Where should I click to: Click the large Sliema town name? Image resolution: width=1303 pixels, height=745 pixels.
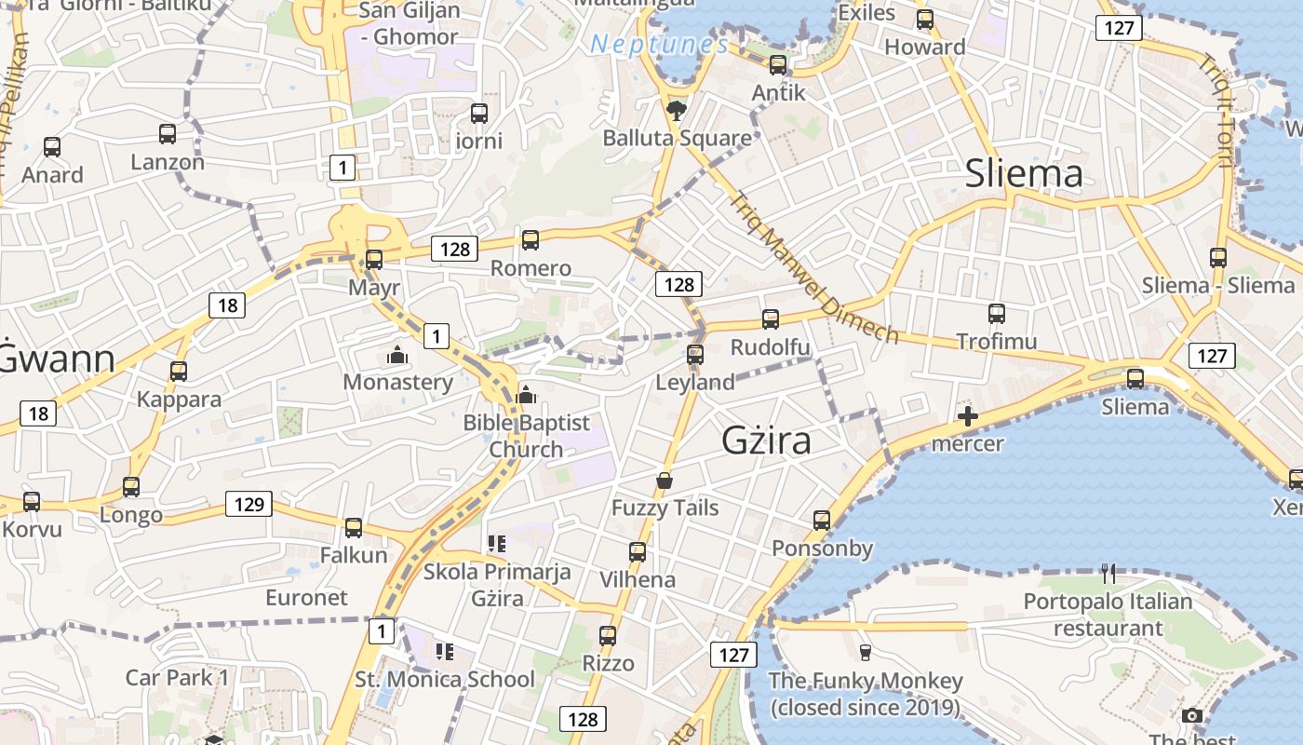coord(1024,174)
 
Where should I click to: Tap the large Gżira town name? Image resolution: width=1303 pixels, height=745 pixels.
coord(766,440)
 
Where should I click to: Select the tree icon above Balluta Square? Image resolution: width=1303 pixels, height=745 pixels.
coord(677,111)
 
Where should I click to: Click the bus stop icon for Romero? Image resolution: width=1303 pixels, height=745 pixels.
coord(531,240)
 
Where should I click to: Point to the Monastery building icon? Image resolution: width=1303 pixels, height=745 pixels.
coord(397,356)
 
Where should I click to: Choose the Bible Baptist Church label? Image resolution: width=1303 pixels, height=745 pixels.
coord(526,436)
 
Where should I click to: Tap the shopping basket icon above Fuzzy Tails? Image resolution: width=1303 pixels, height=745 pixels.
coord(665,481)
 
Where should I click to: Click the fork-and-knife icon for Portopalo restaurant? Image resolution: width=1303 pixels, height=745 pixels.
coord(1108,573)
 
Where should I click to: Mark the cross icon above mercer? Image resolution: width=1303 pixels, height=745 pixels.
coord(968,416)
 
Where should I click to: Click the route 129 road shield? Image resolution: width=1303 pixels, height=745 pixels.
coord(249,505)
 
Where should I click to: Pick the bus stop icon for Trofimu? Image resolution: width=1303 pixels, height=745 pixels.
coord(997,314)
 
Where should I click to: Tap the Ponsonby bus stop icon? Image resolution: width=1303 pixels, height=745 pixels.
coord(821,520)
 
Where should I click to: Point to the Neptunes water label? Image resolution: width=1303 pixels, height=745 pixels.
coord(658,44)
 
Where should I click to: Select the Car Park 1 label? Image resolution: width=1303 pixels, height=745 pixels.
coord(177,677)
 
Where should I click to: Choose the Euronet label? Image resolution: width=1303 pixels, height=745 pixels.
coord(306,597)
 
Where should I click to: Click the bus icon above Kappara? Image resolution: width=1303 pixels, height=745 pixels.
coord(179,372)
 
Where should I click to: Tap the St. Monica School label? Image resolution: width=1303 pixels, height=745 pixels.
coord(445,679)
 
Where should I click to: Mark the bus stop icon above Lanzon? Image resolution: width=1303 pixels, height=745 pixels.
coord(168,134)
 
